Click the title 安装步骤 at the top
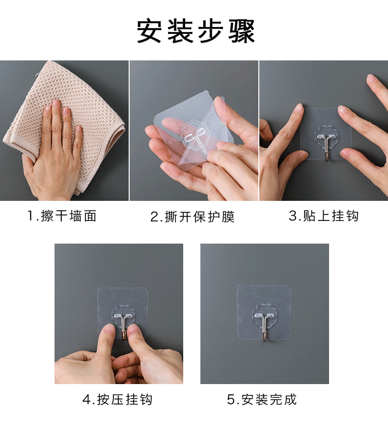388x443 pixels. [x=196, y=31]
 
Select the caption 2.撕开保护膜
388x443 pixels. [x=193, y=217]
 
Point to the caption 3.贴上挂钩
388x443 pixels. [x=324, y=216]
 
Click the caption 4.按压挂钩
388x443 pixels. [x=117, y=399]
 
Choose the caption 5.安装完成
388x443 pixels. [x=262, y=399]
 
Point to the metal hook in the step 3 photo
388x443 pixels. [x=327, y=147]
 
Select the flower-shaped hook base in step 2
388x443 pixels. [x=195, y=133]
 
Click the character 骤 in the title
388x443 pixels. [x=242, y=31]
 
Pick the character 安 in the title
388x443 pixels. [x=150, y=31]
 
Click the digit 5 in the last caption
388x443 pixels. [x=231, y=400]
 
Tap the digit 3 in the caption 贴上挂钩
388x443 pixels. [x=293, y=216]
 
